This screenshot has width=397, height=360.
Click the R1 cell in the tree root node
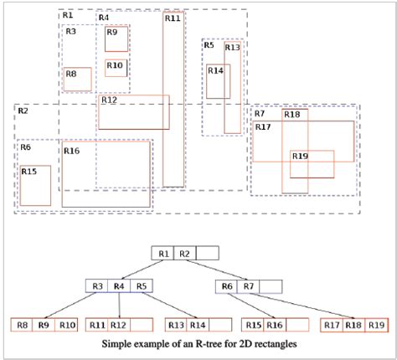(x=162, y=253)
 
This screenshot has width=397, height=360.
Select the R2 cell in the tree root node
(x=185, y=253)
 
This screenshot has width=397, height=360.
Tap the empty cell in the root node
(x=208, y=253)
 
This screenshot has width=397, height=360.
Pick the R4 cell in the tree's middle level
(x=119, y=286)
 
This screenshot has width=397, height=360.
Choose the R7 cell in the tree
(x=248, y=286)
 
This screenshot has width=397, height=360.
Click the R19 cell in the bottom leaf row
(x=376, y=325)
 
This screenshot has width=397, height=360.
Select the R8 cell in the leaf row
(x=22, y=325)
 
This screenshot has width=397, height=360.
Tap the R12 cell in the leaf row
(x=119, y=325)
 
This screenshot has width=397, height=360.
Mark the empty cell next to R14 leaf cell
(x=220, y=325)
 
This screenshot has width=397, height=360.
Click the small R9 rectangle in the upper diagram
(x=116, y=39)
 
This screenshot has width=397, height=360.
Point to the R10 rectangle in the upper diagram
(x=116, y=68)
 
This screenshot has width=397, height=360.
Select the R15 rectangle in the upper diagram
(x=35, y=186)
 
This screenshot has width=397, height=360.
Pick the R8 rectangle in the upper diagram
(x=78, y=79)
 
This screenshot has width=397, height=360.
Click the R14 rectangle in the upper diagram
(x=219, y=81)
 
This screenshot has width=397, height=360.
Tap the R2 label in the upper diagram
(x=23, y=111)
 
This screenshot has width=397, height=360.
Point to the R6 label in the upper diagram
(x=26, y=147)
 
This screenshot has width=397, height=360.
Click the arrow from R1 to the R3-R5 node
(x=142, y=270)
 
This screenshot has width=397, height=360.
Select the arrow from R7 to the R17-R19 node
(x=302, y=306)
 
